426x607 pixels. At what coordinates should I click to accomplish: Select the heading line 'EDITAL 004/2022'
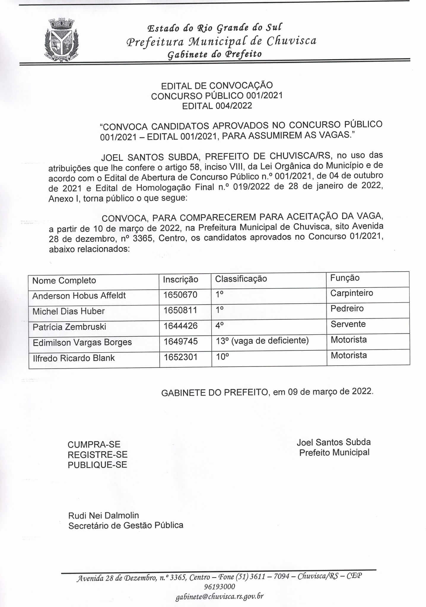217,106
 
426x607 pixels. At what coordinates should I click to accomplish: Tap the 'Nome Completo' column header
64,280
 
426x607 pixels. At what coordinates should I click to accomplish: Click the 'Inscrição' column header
180,279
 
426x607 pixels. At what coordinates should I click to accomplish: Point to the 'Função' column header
345,278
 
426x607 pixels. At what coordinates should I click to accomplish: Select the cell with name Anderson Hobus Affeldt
79,295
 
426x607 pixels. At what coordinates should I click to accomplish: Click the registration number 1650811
180,310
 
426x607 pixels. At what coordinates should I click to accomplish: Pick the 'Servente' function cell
348,324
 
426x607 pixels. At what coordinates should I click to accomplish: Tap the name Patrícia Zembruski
69,327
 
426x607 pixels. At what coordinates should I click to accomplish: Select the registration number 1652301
180,357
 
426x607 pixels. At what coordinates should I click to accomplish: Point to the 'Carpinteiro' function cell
352,293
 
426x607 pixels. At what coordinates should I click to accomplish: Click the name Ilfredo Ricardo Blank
74,358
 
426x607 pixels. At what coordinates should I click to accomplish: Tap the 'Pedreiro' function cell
347,309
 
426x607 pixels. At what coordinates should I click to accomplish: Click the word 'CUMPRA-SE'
94,445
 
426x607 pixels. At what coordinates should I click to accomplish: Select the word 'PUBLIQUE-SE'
97,465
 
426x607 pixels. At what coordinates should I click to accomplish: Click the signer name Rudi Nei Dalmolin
104,515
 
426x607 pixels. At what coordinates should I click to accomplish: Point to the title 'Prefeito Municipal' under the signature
334,453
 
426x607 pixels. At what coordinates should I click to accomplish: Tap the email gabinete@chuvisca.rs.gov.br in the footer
220,596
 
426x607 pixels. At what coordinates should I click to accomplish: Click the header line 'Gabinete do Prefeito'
214,54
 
